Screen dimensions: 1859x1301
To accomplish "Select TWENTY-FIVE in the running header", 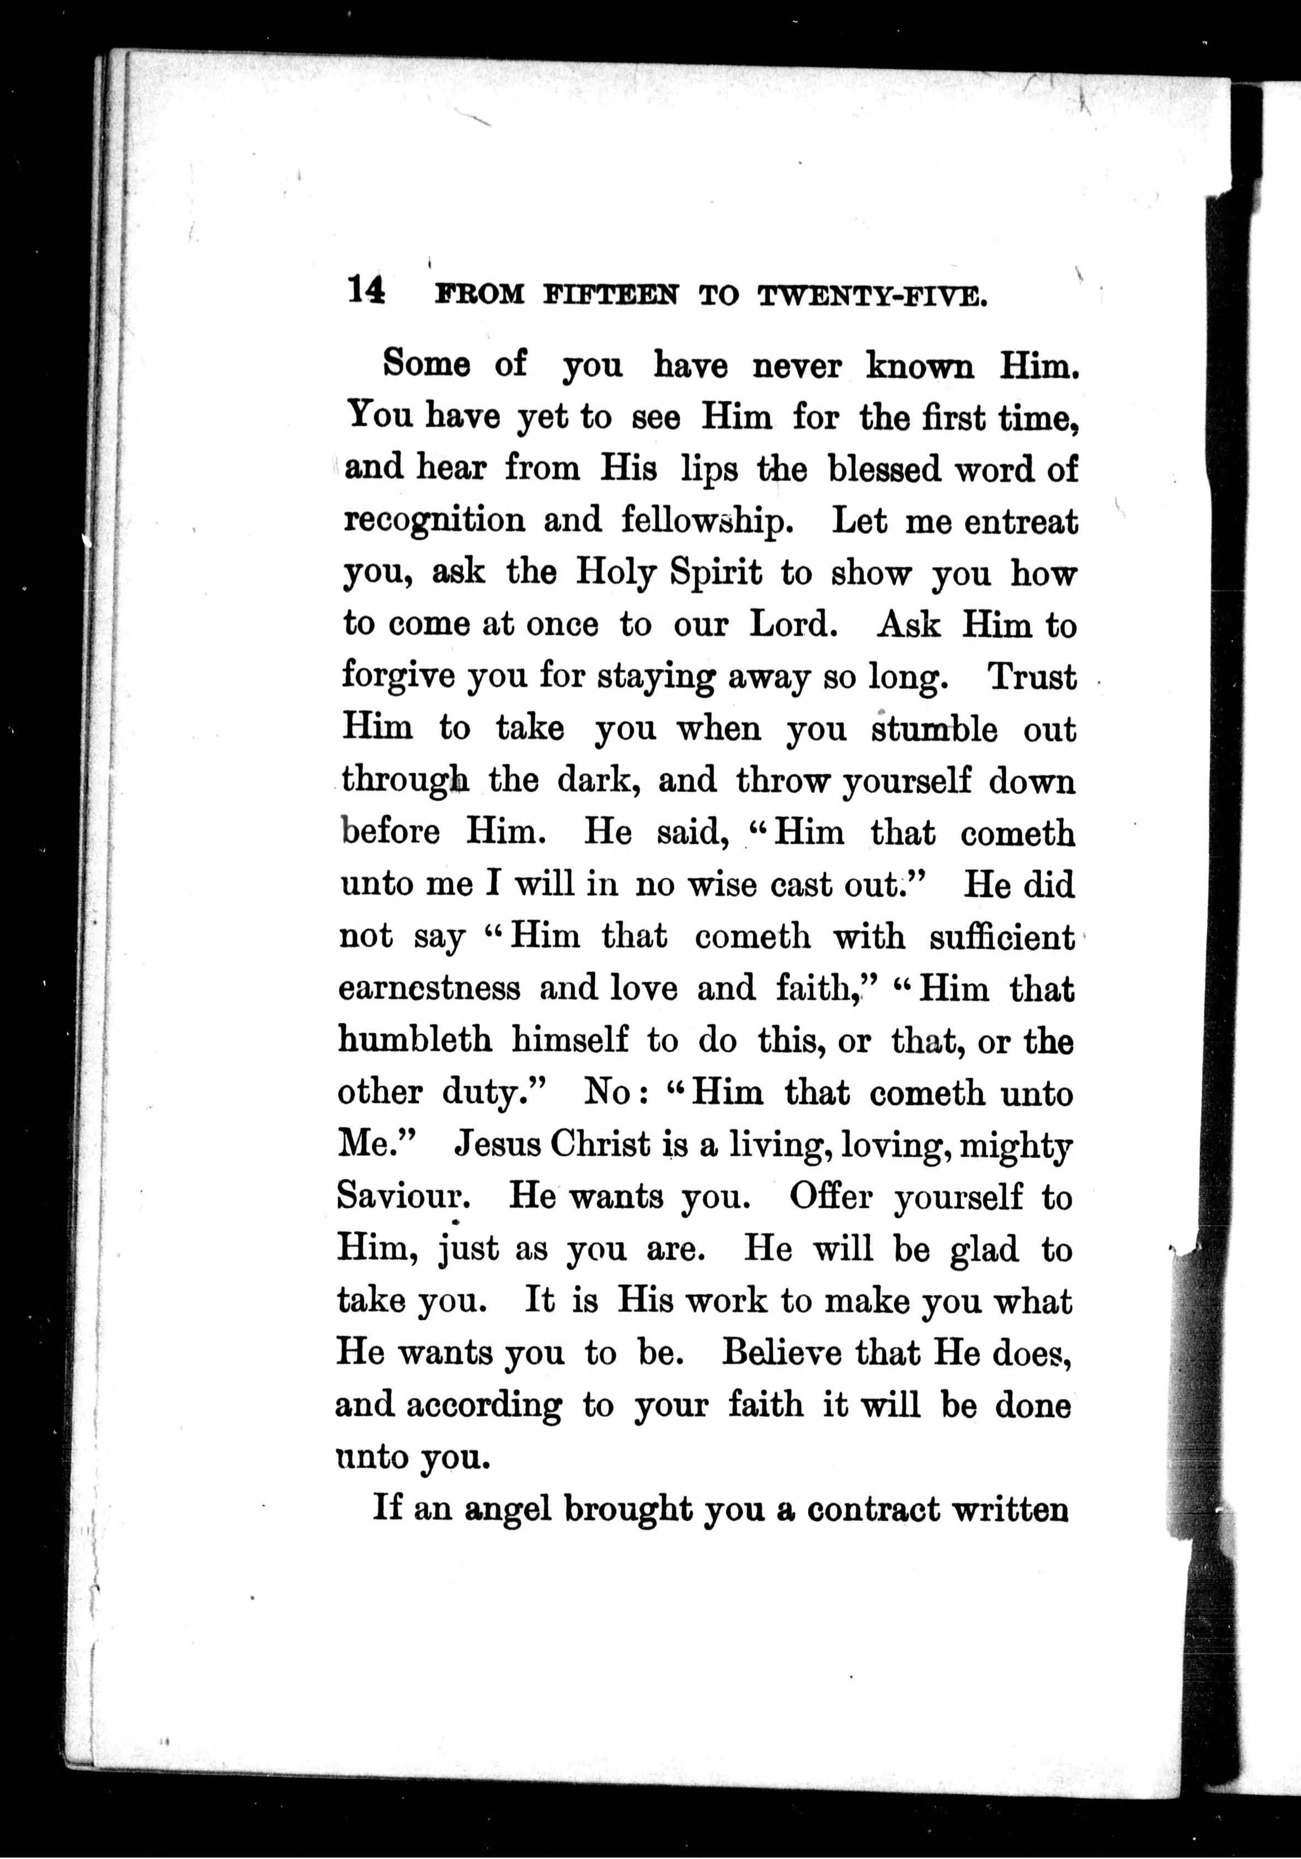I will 872,296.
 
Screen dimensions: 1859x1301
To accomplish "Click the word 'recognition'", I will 434,520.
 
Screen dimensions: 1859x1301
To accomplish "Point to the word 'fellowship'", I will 707,520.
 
